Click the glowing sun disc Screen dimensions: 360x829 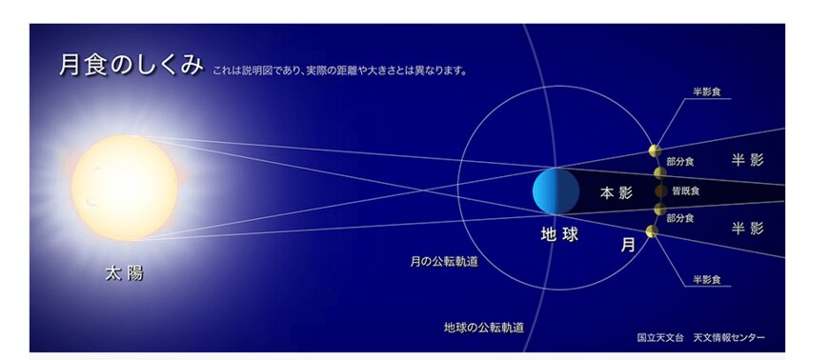coord(124,186)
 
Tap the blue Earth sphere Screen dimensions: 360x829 coord(556,190)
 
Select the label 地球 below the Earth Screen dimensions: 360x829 coord(559,233)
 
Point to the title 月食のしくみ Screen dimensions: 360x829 coord(131,66)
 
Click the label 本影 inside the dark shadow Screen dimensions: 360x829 coord(617,192)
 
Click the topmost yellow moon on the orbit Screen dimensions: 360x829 coord(655,150)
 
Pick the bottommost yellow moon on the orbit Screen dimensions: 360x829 coord(652,231)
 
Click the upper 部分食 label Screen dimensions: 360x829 coord(679,162)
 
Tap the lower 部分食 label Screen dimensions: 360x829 coord(679,218)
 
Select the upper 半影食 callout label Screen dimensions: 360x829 coord(707,91)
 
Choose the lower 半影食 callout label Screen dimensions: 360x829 coord(707,279)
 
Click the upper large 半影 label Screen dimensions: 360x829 coord(747,159)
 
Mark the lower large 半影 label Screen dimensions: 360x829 coord(747,228)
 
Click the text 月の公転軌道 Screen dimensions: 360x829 coord(438,259)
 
